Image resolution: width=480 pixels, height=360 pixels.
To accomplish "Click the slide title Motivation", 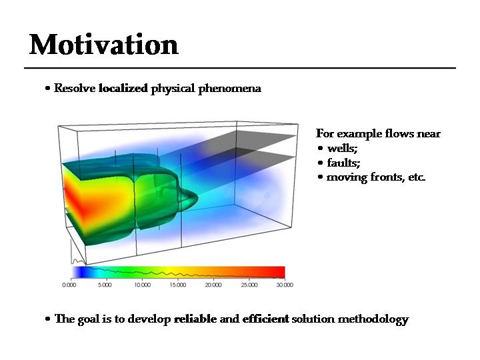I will pyautogui.click(x=104, y=45).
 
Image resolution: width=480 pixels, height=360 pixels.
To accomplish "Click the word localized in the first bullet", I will pyautogui.click(x=123, y=88).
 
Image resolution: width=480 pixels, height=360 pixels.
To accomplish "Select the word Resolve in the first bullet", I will pyautogui.click(x=75, y=88).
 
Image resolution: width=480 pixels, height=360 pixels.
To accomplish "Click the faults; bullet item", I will pyautogui.click(x=343, y=163).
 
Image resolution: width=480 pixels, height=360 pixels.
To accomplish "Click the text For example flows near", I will pyautogui.click(x=378, y=133).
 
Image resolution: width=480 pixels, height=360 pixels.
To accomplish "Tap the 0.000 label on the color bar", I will pyautogui.click(x=69, y=285).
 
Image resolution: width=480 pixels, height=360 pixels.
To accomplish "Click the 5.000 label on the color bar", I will pyautogui.click(x=105, y=285).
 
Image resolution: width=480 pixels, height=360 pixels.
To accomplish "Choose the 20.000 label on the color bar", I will pyautogui.click(x=213, y=285).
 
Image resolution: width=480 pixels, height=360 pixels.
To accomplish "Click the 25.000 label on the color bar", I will pyautogui.click(x=249, y=285).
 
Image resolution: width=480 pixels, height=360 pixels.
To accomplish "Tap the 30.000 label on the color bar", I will pyautogui.click(x=284, y=285).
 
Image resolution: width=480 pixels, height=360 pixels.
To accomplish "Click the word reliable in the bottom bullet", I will pyautogui.click(x=195, y=319).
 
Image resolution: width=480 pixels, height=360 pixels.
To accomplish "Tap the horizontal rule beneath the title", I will pyautogui.click(x=240, y=68).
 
